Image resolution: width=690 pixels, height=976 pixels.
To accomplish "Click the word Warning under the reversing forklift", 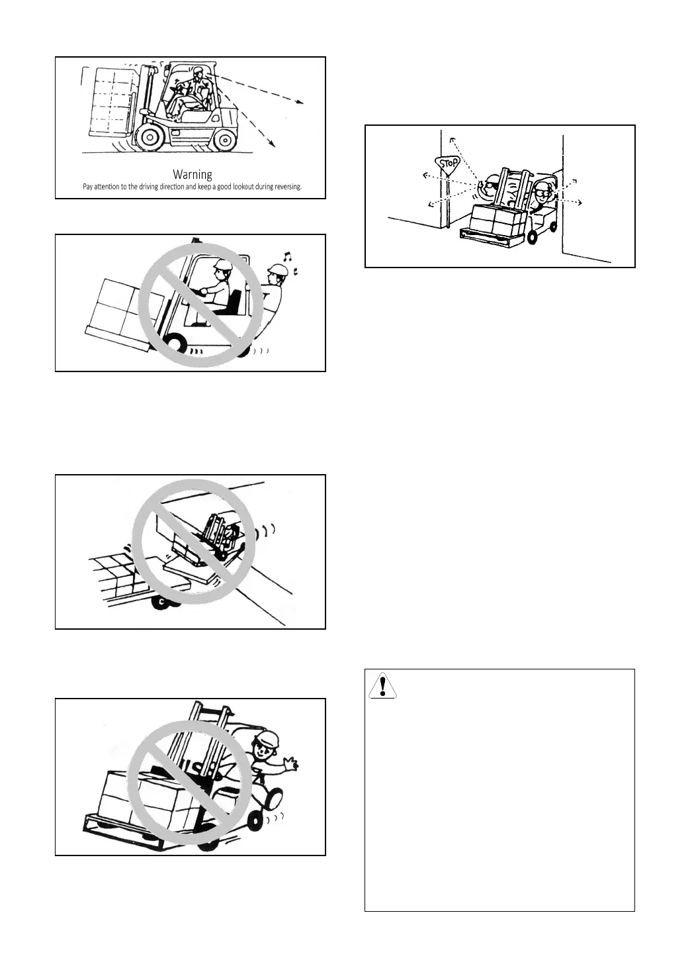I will point(193,175).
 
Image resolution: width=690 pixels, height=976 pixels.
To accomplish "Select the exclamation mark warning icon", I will point(382,685).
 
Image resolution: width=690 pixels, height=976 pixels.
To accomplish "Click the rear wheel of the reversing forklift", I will point(225,139).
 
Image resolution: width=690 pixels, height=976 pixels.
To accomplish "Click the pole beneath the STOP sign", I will point(448,202).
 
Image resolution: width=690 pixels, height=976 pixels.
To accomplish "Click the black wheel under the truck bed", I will point(160,601).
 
